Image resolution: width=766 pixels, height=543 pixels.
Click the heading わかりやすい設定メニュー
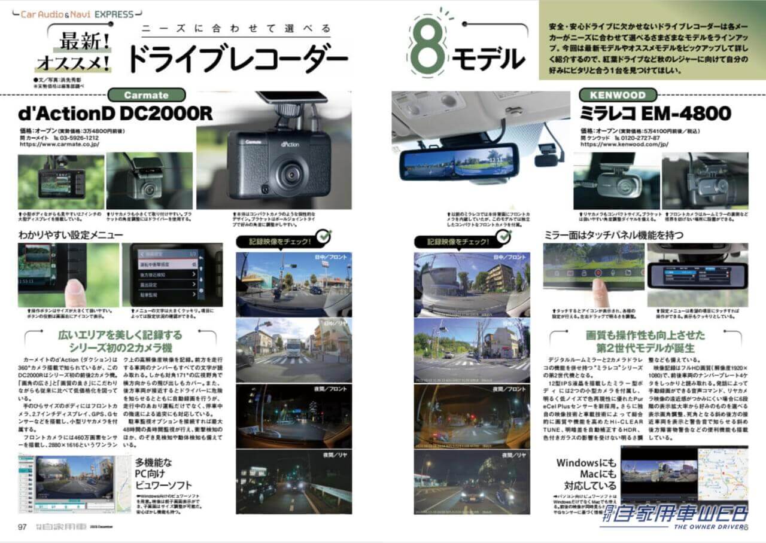[x=70, y=235]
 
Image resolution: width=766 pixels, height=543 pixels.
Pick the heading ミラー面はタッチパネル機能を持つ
[x=613, y=235]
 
